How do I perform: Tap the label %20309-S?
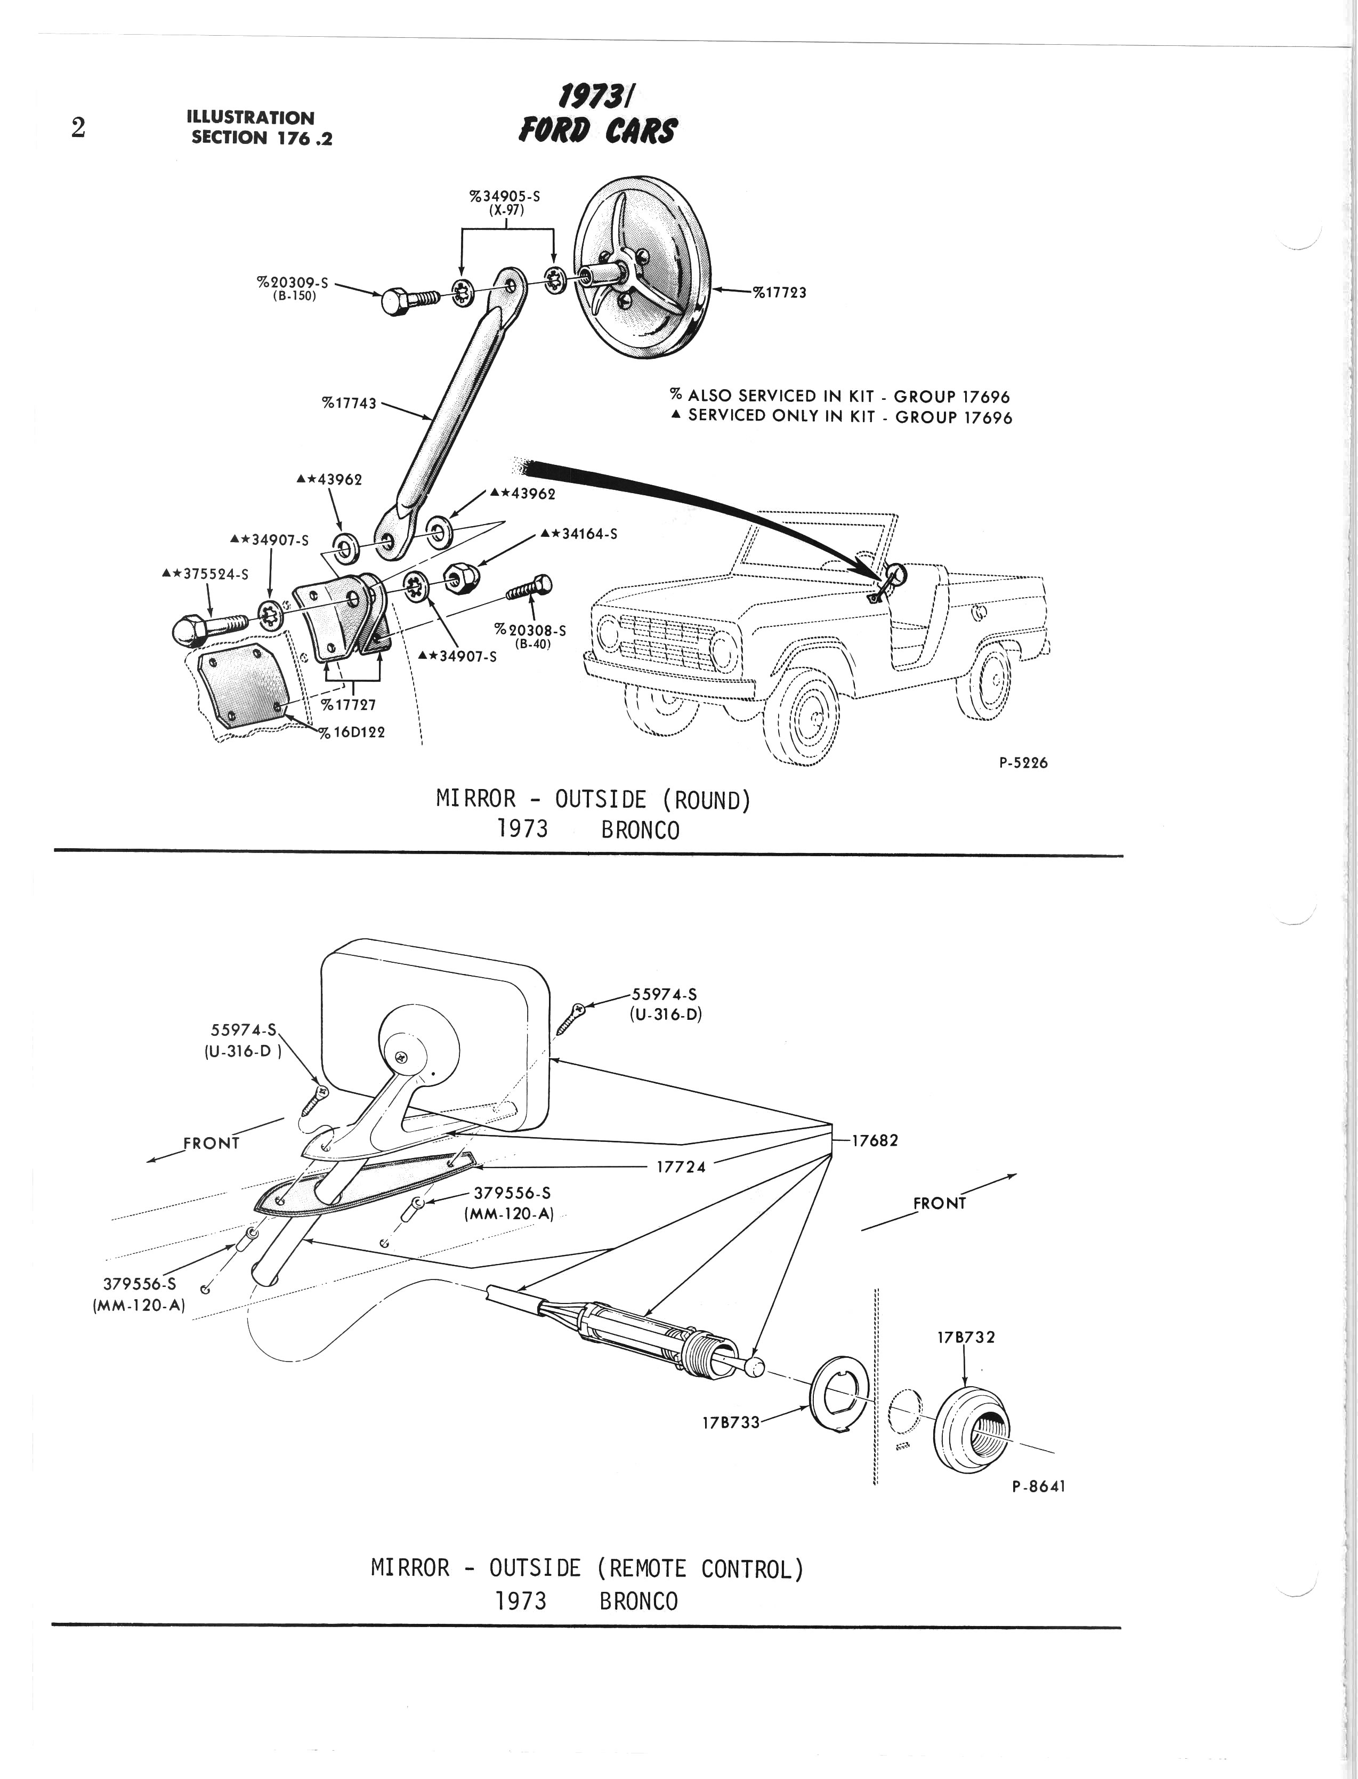coord(293,282)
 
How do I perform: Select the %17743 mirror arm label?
coord(349,403)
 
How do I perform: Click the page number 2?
coord(78,128)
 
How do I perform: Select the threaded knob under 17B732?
coord(973,1427)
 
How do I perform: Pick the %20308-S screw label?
coord(530,631)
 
